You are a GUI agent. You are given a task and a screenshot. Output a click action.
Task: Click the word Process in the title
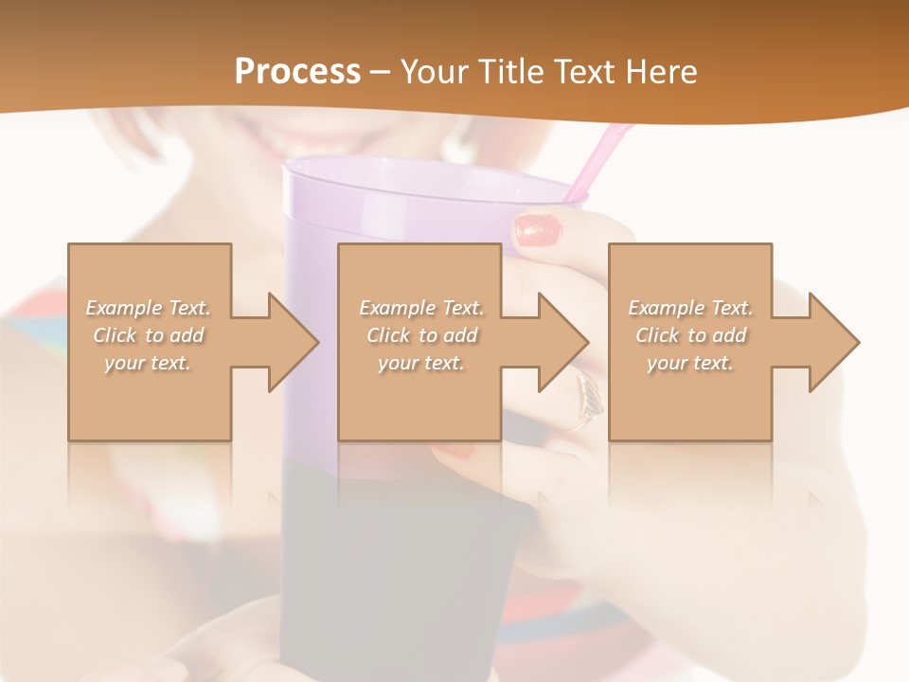297,72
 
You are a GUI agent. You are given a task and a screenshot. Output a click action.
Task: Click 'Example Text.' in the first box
149,308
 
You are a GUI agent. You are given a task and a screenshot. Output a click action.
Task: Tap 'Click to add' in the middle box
421,335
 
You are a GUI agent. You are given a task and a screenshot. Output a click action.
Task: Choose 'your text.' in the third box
690,363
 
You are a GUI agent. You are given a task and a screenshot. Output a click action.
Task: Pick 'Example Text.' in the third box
690,308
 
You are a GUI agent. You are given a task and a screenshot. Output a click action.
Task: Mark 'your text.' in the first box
149,363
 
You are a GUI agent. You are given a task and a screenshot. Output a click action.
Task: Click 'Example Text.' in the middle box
421,308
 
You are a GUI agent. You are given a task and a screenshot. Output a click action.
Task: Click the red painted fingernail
539,230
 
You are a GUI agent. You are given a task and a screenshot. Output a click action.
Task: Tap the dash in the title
381,72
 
